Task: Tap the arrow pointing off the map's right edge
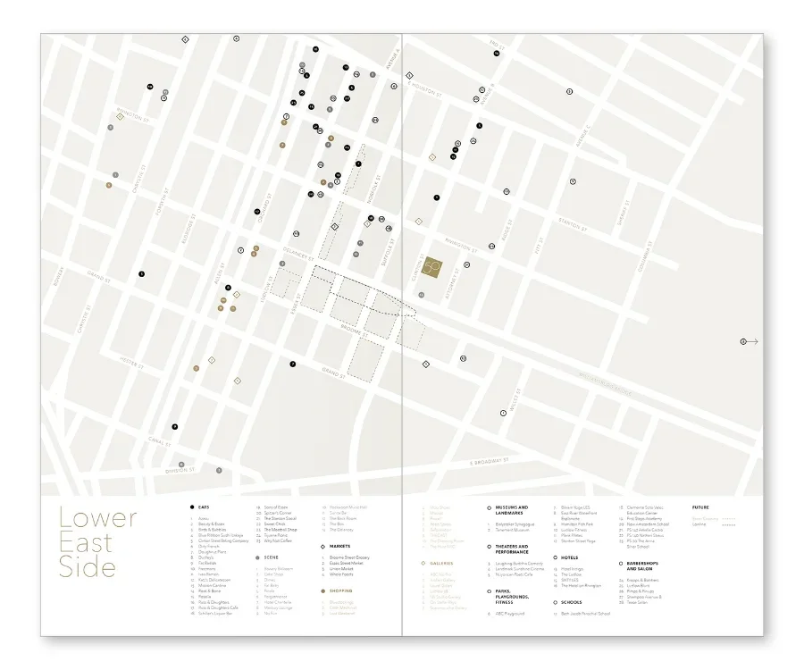[x=750, y=341]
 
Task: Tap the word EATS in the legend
[x=205, y=507]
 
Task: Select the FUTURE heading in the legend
[x=700, y=507]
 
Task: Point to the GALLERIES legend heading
[x=442, y=563]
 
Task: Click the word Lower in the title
[x=98, y=518]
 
